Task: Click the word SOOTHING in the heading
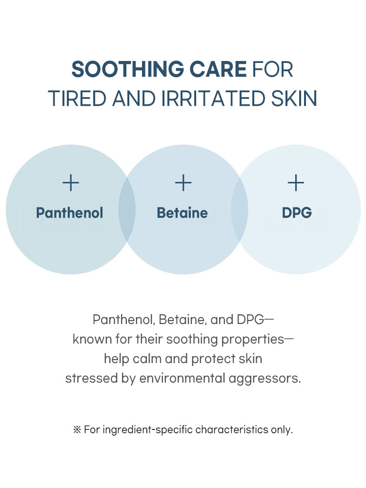point(127,69)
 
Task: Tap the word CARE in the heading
point(218,69)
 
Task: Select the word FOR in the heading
point(273,69)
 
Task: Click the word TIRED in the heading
point(78,99)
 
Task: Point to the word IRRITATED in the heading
point(213,99)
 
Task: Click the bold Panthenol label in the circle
point(69,213)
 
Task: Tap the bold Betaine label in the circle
point(183,213)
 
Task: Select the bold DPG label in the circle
point(297,213)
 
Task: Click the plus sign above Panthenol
point(71,183)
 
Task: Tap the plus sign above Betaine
point(183,183)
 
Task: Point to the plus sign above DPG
point(296,183)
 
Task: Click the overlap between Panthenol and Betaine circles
point(127,209)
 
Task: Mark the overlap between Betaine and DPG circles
point(240,209)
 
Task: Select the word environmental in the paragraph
point(182,379)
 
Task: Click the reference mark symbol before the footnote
point(77,430)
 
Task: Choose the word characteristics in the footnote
point(232,429)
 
